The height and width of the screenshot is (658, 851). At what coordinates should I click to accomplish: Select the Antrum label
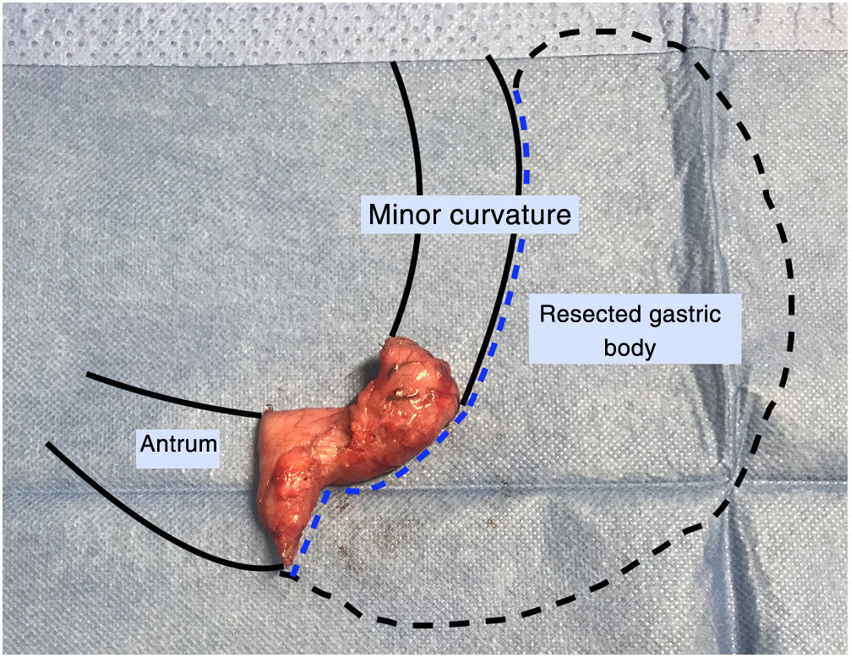coord(177,443)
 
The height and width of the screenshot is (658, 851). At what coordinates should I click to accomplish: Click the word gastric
coord(686,315)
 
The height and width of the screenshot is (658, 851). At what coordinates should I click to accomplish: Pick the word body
coord(635,347)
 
